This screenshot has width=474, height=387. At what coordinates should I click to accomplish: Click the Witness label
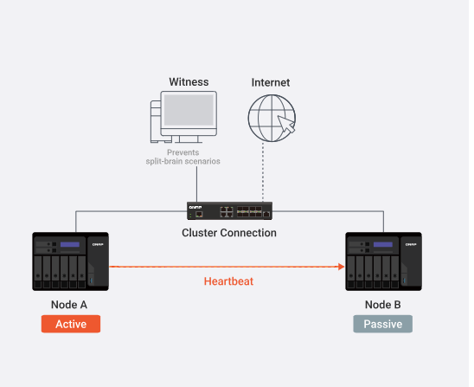[189, 82]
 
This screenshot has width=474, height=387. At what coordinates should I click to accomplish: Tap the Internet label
[271, 82]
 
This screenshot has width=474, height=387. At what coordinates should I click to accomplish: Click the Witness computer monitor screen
[189, 110]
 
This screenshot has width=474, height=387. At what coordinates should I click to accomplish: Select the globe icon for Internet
[272, 118]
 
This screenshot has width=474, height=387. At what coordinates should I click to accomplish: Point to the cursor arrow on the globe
[286, 124]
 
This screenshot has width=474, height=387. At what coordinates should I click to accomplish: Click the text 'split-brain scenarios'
[183, 161]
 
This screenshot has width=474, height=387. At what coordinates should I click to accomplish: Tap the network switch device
[229, 210]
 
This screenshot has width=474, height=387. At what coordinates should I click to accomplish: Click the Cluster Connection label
[229, 233]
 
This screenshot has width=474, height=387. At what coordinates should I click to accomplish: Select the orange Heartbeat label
[228, 281]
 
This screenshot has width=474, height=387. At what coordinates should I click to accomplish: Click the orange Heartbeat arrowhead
[342, 267]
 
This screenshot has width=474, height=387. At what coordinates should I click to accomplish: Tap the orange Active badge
[71, 324]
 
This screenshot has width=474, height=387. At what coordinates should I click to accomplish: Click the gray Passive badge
[382, 324]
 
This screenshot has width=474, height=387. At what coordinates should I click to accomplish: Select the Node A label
[69, 305]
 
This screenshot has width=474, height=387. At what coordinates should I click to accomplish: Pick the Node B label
[382, 305]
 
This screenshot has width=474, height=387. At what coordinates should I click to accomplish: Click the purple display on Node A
[70, 244]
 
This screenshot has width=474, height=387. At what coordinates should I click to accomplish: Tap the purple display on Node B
[383, 244]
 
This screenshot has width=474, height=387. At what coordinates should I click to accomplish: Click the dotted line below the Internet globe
[263, 172]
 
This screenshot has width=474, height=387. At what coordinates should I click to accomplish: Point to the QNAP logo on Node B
[411, 244]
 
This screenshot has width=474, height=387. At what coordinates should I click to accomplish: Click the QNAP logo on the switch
[195, 207]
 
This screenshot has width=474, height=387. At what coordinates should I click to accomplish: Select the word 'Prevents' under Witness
[183, 152]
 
